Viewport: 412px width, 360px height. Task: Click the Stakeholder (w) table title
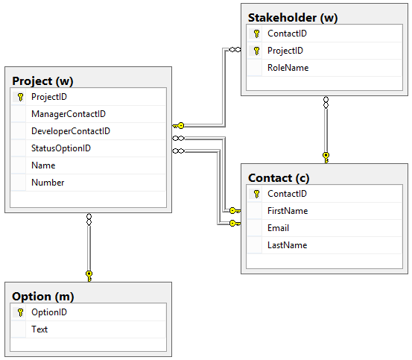pyautogui.click(x=293, y=18)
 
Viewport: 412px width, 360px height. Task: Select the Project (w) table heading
pyautogui.click(x=42, y=81)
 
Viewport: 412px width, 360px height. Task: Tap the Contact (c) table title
pyautogui.click(x=279, y=178)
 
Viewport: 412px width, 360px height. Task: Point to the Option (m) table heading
pyautogui.click(x=42, y=297)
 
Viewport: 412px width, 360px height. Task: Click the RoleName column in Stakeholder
pyautogui.click(x=288, y=68)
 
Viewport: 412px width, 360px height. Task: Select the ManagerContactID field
pyautogui.click(x=69, y=114)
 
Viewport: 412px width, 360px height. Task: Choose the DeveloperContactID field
pyautogui.click(x=71, y=131)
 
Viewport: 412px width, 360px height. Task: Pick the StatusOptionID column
pyautogui.click(x=61, y=148)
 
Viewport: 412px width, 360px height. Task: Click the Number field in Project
pyautogui.click(x=48, y=183)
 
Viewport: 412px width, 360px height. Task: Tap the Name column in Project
pyautogui.click(x=43, y=165)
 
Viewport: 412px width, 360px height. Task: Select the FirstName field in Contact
pyautogui.click(x=288, y=211)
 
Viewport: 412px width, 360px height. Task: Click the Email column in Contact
pyautogui.click(x=278, y=228)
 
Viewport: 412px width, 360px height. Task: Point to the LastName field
pyautogui.click(x=288, y=245)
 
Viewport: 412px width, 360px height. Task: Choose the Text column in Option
pyautogui.click(x=39, y=329)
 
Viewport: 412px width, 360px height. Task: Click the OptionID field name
pyautogui.click(x=49, y=312)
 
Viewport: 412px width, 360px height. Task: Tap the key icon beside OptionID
pyautogui.click(x=21, y=312)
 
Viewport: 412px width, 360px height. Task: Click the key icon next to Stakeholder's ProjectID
pyautogui.click(x=257, y=51)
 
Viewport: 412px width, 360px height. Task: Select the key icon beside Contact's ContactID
pyautogui.click(x=257, y=194)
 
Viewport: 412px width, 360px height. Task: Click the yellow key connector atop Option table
pyautogui.click(x=89, y=277)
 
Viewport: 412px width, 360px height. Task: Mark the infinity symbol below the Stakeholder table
pyautogui.click(x=326, y=102)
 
